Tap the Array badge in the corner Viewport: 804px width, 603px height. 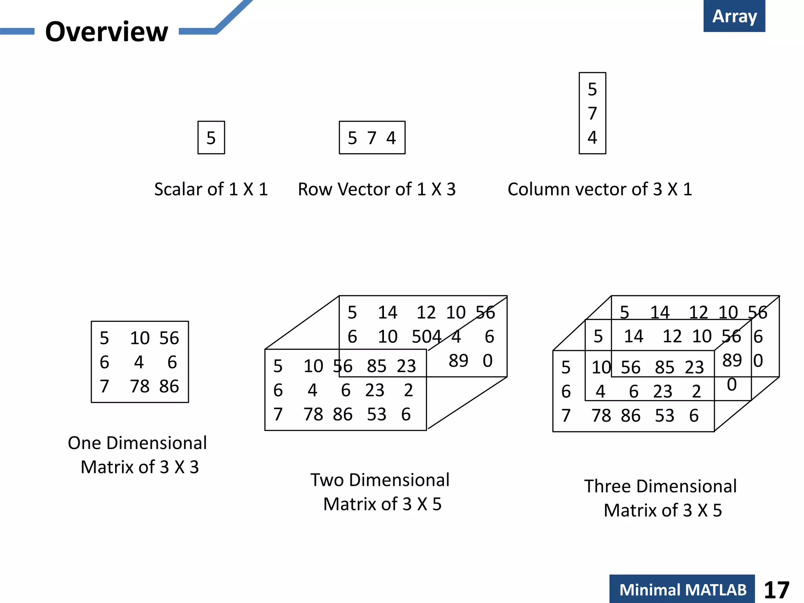click(734, 16)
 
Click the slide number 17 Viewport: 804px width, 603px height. click(777, 590)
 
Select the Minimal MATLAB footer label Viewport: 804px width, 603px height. click(682, 590)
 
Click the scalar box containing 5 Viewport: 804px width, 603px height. click(211, 138)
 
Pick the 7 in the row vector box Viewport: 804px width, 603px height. click(372, 138)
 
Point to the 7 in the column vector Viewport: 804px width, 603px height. click(592, 113)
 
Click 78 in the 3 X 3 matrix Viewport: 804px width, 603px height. click(140, 386)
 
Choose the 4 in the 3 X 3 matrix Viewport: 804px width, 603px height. click(139, 362)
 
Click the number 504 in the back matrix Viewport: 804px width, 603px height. click(426, 337)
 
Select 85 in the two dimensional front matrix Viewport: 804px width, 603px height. click(376, 366)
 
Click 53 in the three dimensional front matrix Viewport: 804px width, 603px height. click(664, 416)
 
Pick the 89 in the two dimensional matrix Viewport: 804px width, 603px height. click(458, 360)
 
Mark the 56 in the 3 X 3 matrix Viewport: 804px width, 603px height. click(169, 338)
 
